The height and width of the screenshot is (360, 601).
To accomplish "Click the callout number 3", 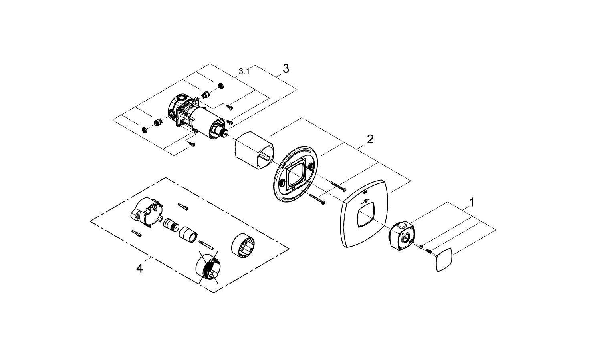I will [x=286, y=69].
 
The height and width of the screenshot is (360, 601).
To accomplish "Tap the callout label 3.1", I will [x=244, y=72].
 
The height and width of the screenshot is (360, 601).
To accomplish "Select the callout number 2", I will [x=370, y=139].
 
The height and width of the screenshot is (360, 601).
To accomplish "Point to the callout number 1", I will [x=472, y=202].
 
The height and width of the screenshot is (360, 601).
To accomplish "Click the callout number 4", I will [x=139, y=268].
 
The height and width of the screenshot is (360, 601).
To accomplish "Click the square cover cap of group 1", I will [x=444, y=260].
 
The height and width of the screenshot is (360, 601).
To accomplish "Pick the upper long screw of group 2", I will [x=339, y=185].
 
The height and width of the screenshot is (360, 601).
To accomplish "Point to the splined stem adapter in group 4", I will [x=171, y=225].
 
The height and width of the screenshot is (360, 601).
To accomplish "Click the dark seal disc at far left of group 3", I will [x=144, y=130].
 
